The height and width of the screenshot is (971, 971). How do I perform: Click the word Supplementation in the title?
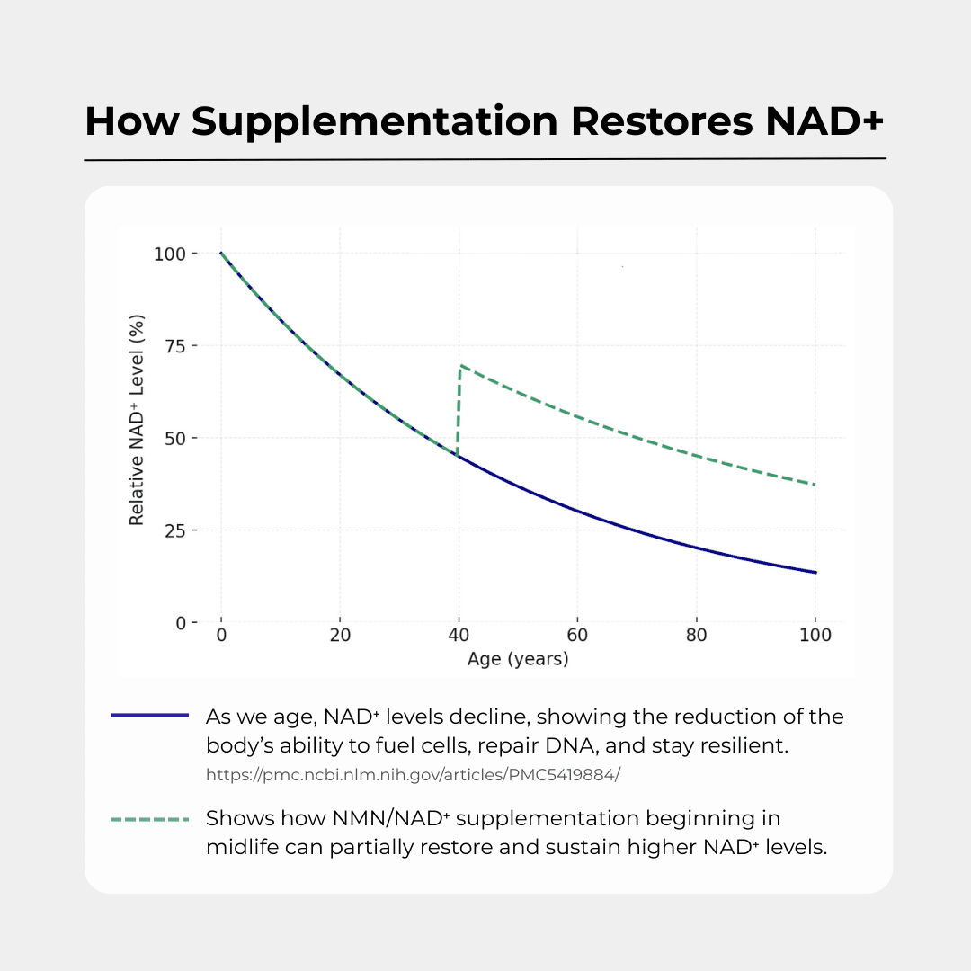point(374,121)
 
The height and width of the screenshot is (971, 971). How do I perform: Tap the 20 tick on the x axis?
point(339,636)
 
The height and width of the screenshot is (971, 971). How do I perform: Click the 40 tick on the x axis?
point(459,636)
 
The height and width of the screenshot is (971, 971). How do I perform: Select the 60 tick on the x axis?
point(577,636)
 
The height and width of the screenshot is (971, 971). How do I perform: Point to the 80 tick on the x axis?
point(696,636)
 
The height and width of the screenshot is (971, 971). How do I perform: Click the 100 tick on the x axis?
point(815,636)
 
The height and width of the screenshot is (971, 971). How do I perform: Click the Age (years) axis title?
point(518,659)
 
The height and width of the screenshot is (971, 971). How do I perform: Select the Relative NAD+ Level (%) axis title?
point(137,419)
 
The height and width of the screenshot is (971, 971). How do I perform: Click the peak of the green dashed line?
point(461,366)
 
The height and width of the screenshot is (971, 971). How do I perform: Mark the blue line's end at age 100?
point(815,572)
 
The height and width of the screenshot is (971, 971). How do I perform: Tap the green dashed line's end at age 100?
point(815,485)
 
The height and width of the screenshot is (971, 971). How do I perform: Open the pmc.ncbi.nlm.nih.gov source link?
point(413,774)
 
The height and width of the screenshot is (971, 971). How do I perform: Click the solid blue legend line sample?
point(149,716)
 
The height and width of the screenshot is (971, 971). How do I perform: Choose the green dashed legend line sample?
point(149,819)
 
